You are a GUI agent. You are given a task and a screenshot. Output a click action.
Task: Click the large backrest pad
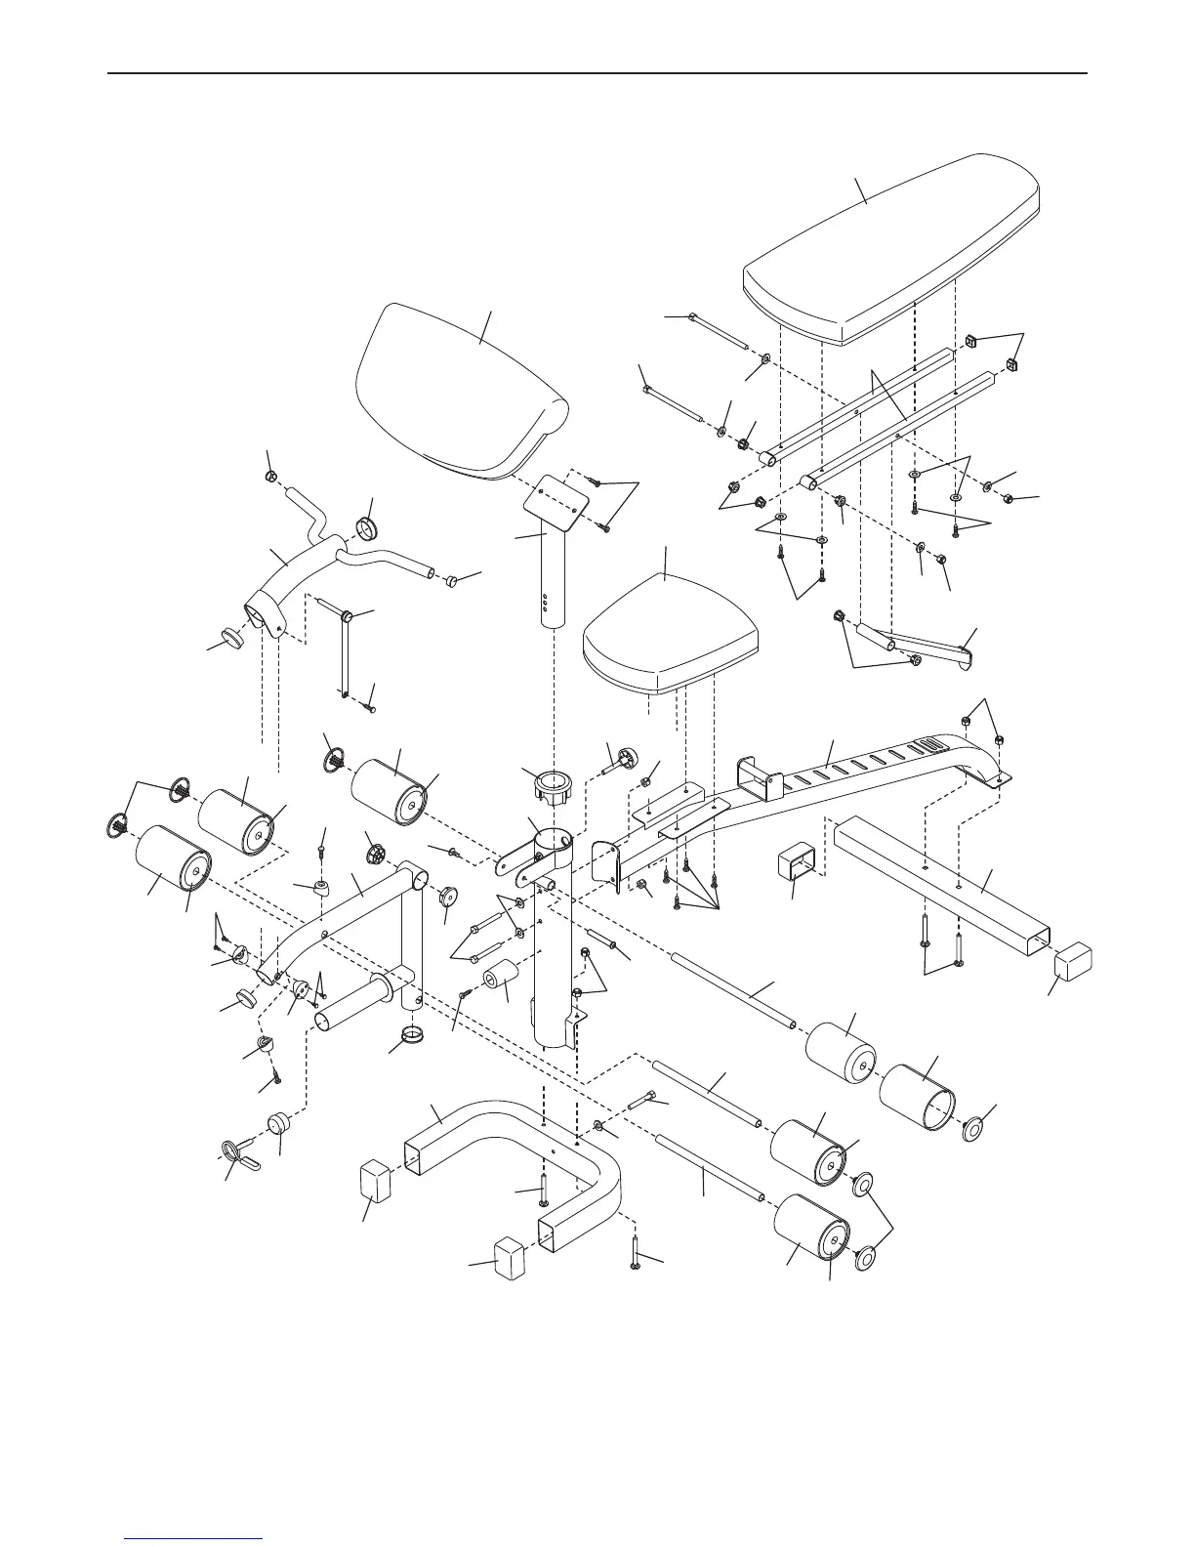coord(888,259)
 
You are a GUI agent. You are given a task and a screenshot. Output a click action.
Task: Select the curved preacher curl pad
coord(459,391)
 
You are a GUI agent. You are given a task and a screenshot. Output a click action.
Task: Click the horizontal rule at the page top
coord(597,73)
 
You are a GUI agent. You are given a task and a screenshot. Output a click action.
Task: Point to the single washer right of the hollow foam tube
coord(975,1130)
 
